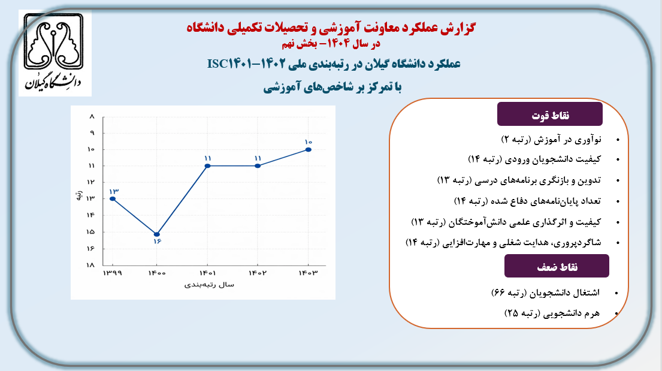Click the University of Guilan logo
[x=55, y=53]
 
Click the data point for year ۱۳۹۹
[x=112, y=198]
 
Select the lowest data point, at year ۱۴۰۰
[x=156, y=234]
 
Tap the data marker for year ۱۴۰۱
[x=207, y=165]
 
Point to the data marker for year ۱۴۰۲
[x=258, y=165]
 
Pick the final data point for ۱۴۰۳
[x=309, y=150]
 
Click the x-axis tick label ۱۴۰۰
[x=157, y=273]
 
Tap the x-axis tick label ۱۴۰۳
[x=308, y=273]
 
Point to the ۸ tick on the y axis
[x=92, y=117]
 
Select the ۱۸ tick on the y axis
[x=91, y=265]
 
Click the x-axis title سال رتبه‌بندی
[x=209, y=285]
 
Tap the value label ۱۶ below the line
[x=158, y=242]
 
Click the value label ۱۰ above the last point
[x=308, y=143]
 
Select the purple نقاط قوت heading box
[x=550, y=114]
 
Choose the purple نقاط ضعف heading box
[x=557, y=266]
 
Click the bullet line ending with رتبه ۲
[x=551, y=139]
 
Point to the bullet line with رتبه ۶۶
[x=545, y=292]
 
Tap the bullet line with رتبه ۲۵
[x=552, y=313]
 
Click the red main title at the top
[x=331, y=28]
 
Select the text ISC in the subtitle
[x=218, y=64]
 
